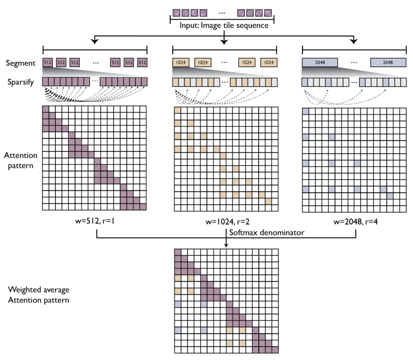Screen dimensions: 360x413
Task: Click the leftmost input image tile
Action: [x=176, y=13]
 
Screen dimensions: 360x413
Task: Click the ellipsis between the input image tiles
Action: [x=222, y=13]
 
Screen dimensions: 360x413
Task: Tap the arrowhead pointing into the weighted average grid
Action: [x=226, y=246]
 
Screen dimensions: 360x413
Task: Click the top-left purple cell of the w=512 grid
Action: [x=46, y=110]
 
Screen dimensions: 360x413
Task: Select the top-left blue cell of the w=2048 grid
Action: [x=306, y=111]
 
